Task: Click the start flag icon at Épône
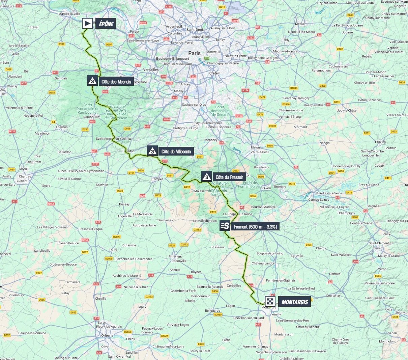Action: [x=87, y=23]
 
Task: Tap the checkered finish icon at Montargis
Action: [x=270, y=302]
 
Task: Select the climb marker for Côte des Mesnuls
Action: [x=92, y=81]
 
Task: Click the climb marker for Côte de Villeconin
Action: [x=152, y=151]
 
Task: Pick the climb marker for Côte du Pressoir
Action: [x=207, y=177]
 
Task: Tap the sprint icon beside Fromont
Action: [x=225, y=226]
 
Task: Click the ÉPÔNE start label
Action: [x=106, y=24]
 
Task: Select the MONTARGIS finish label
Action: [x=294, y=302]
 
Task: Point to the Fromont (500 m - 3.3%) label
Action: [x=255, y=227]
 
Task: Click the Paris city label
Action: [x=194, y=53]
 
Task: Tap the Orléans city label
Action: [x=108, y=335]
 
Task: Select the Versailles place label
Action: [x=151, y=70]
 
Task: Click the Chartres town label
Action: [x=25, y=176]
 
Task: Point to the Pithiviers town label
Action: [x=175, y=257]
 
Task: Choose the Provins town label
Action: [x=380, y=142]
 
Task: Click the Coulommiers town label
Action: [x=338, y=66]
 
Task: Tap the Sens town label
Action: [x=377, y=248]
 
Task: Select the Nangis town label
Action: [x=325, y=143]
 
